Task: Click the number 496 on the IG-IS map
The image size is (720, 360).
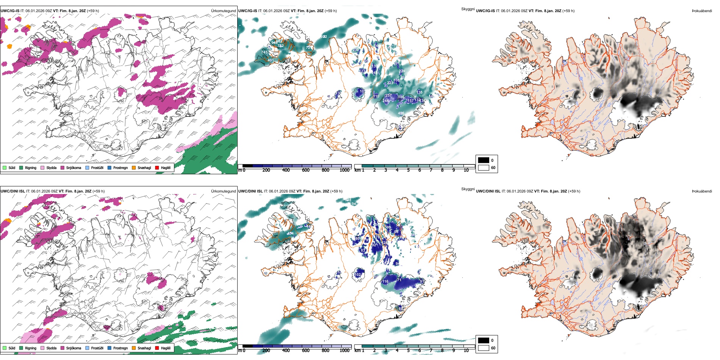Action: pyautogui.click(x=401, y=113)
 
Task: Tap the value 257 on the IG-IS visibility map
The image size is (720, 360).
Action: pyautogui.click(x=388, y=95)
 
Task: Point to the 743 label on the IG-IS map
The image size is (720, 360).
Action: pyautogui.click(x=265, y=52)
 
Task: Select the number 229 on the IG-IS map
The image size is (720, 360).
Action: pyautogui.click(x=402, y=71)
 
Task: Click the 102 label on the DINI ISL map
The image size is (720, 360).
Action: pyautogui.click(x=358, y=275)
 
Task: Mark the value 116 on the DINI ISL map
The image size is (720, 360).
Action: pyautogui.click(x=385, y=282)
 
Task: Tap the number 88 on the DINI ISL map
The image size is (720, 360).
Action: pyautogui.click(x=401, y=309)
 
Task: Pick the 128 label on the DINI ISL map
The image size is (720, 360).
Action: pyautogui.click(x=385, y=243)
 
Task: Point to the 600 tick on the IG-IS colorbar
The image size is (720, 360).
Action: pyautogui.click(x=306, y=170)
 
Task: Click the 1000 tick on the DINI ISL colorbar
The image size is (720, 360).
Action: pyautogui.click(x=344, y=351)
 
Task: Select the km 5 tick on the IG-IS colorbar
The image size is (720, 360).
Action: pyautogui.click(x=408, y=170)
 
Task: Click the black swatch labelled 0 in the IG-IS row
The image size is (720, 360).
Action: pyautogui.click(x=484, y=160)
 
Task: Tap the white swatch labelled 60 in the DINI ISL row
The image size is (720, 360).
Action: pyautogui.click(x=484, y=348)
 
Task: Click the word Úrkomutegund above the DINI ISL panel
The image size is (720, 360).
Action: pyautogui.click(x=223, y=191)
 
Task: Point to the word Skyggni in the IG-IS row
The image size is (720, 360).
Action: pyautogui.click(x=468, y=9)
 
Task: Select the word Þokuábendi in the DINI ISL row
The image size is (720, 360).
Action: pyautogui.click(x=702, y=191)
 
